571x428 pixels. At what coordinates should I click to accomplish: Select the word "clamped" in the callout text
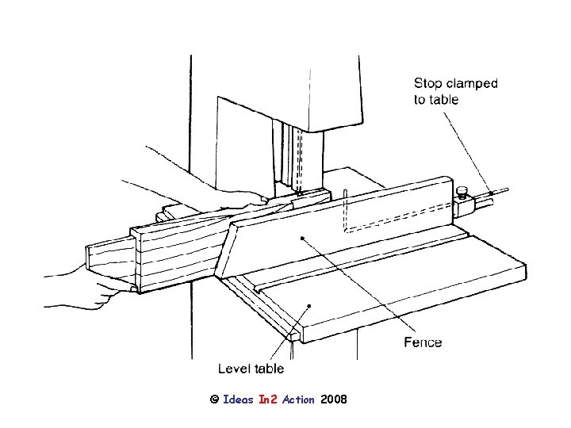pyautogui.click(x=471, y=83)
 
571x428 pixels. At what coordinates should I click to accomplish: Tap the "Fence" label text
pyautogui.click(x=423, y=342)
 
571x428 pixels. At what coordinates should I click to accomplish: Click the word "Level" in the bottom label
pyautogui.click(x=234, y=368)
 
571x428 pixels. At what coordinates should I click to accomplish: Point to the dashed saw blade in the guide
pyautogui.click(x=299, y=159)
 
